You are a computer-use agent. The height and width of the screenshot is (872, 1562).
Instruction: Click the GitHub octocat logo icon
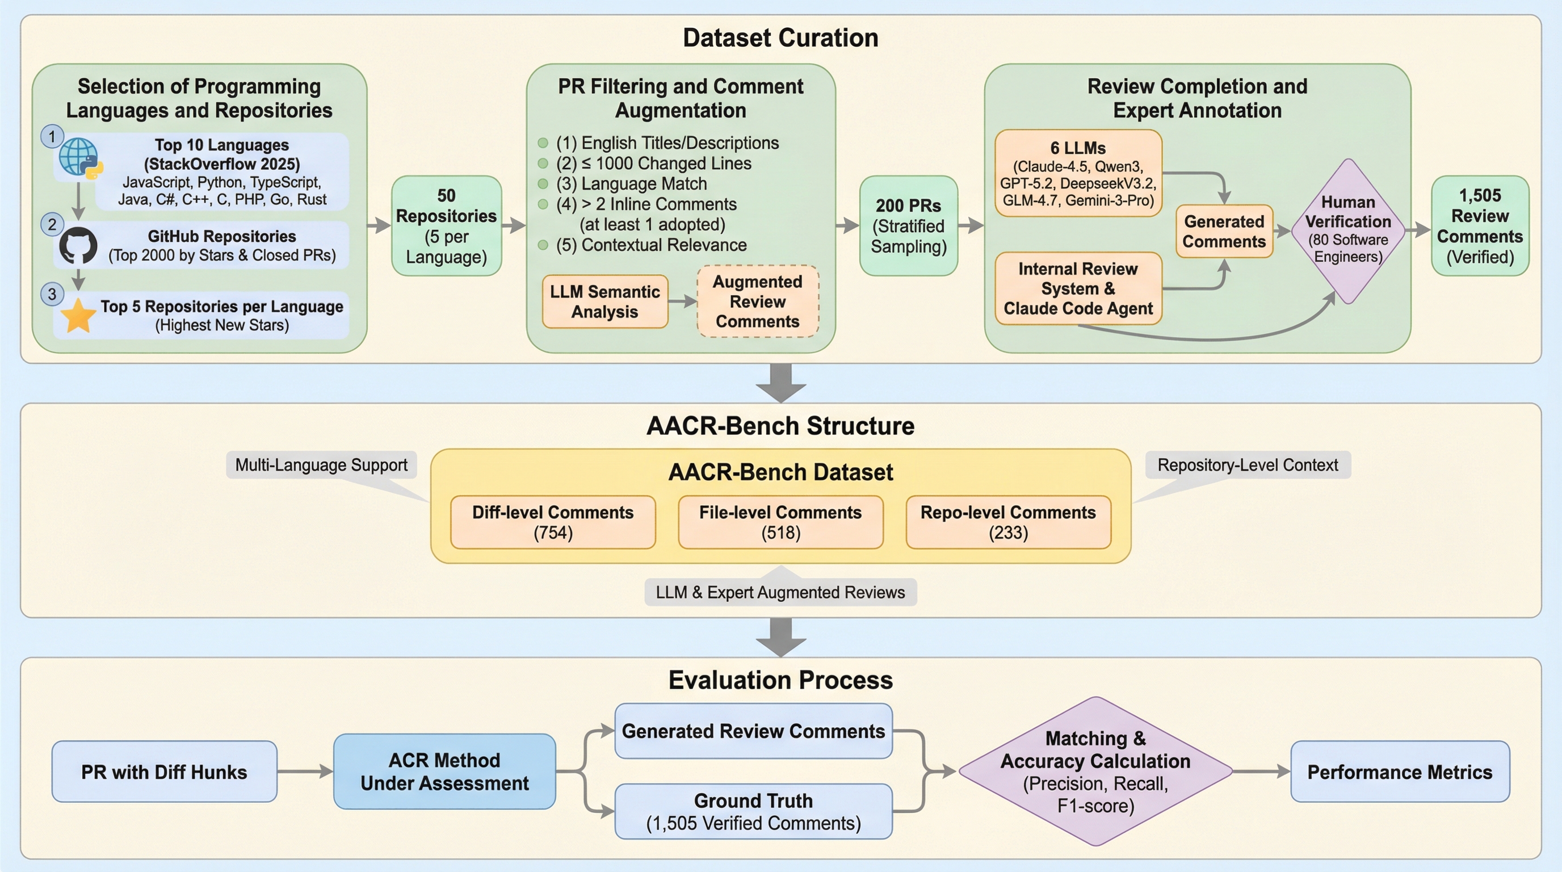click(x=78, y=246)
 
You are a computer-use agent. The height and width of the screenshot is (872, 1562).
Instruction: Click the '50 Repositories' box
click(x=446, y=225)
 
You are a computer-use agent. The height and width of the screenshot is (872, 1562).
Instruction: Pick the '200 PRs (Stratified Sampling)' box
click(x=908, y=225)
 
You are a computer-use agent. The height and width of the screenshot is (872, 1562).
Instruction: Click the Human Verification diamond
click(x=1348, y=230)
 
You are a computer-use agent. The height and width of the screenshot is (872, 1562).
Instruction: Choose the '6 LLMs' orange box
click(x=1078, y=173)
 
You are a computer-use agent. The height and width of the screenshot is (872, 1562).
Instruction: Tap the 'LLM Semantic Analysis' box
click(x=604, y=301)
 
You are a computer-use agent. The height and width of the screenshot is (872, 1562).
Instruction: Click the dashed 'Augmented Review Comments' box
click(x=757, y=301)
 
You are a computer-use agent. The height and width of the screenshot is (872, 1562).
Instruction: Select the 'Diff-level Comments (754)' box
click(x=552, y=522)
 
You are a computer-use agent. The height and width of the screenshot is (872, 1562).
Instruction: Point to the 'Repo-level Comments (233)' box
click(x=1008, y=522)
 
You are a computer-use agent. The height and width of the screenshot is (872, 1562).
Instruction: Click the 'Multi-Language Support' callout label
click(x=321, y=465)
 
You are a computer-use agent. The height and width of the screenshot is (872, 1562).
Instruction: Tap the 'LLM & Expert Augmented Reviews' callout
click(x=780, y=593)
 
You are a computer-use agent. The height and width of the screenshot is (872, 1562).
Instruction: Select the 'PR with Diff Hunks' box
click(x=165, y=772)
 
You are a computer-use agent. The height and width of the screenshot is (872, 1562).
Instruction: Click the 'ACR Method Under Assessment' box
click(x=444, y=772)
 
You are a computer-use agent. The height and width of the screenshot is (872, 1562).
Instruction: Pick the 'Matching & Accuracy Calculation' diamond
click(x=1095, y=772)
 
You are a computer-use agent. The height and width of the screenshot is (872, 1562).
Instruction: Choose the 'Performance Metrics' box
click(x=1400, y=772)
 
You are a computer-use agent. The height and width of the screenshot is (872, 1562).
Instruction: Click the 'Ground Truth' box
click(x=753, y=811)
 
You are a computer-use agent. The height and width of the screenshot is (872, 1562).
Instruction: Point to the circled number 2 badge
click(x=52, y=225)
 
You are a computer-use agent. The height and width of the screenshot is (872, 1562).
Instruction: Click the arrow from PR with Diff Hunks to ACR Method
click(x=305, y=772)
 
